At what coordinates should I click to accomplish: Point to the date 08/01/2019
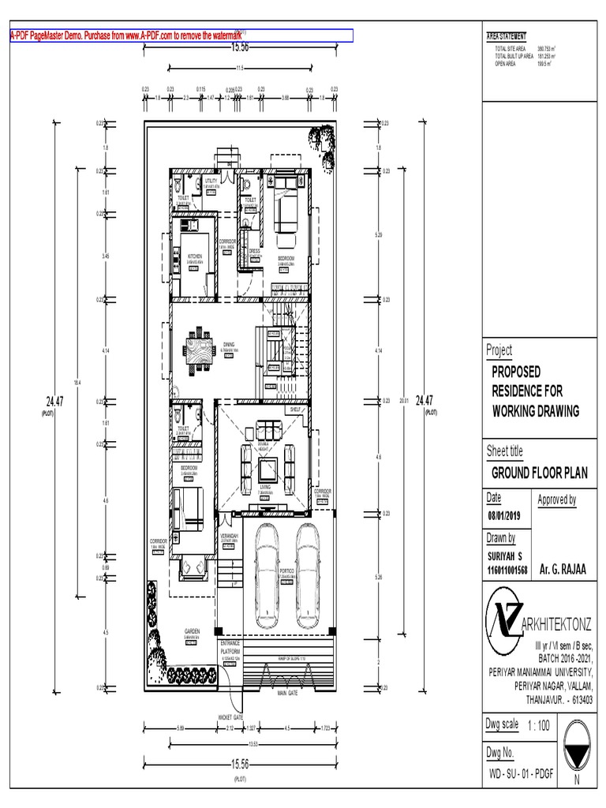505,517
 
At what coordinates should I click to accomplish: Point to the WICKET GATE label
230,717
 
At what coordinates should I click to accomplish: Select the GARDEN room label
193,631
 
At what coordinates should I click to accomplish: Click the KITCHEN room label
194,256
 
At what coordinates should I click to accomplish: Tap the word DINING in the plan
229,344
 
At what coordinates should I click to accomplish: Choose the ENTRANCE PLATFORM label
230,648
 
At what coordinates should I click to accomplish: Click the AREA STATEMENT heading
507,36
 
